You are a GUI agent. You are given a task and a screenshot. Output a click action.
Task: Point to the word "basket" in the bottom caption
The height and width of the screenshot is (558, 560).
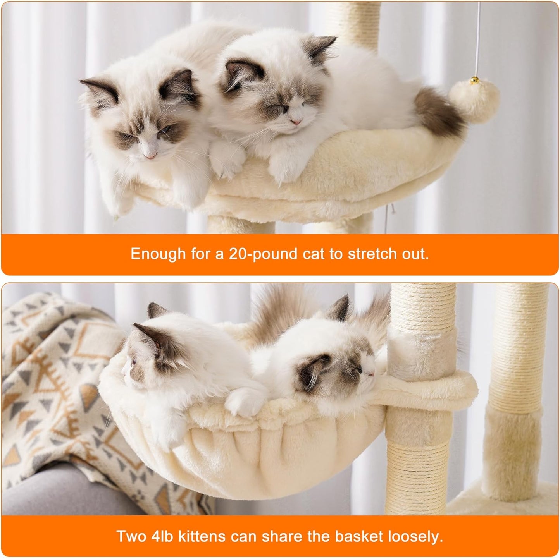pos(359,537)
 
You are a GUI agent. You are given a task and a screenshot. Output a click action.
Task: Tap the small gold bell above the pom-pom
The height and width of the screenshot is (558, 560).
pos(474,81)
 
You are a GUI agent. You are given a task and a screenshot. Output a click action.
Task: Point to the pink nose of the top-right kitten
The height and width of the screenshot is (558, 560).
pos(296,122)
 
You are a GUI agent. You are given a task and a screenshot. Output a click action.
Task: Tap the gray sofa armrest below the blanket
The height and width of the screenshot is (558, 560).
pos(58,492)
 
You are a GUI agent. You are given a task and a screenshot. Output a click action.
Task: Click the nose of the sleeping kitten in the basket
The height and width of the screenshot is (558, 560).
pos(371,374)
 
